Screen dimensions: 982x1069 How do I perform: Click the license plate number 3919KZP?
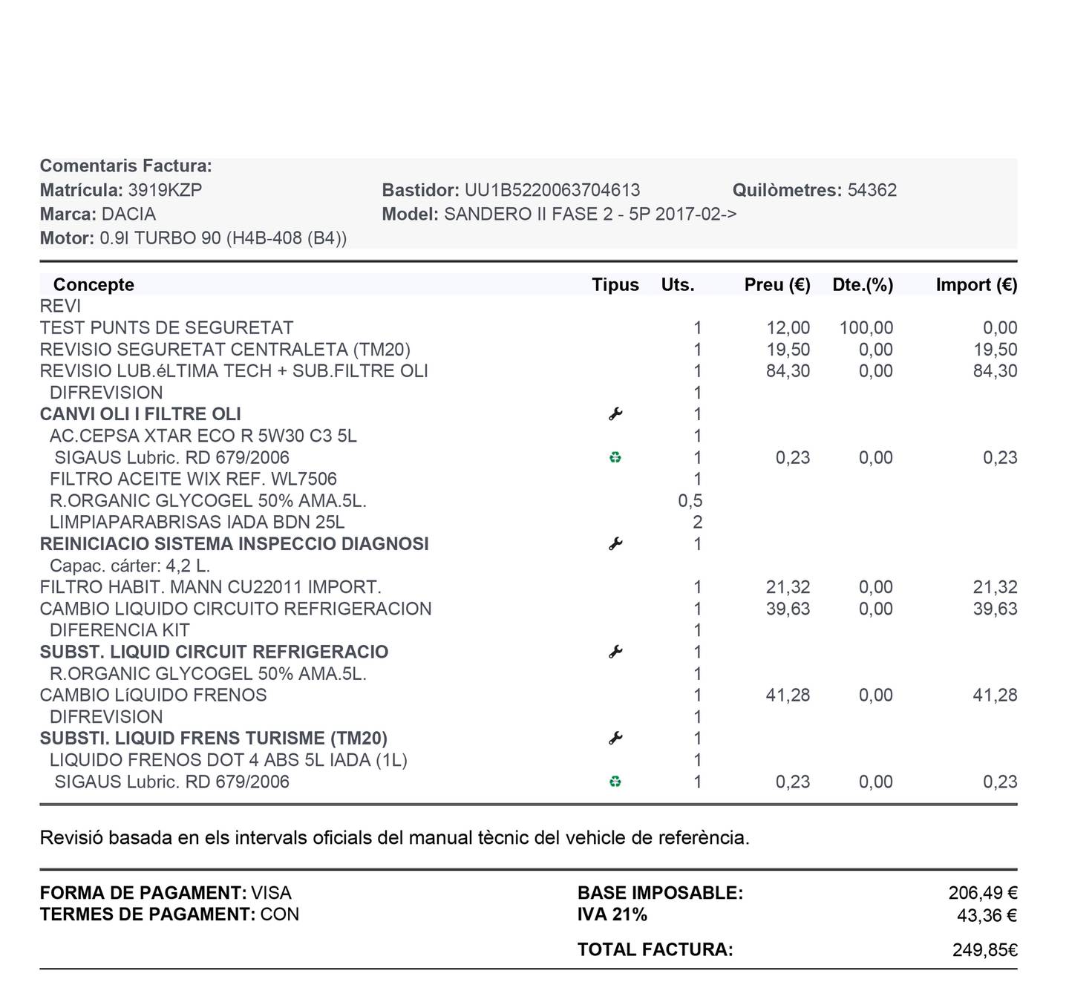(x=165, y=190)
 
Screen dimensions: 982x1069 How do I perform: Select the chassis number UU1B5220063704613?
(x=552, y=190)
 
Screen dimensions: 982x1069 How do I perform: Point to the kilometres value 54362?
(x=872, y=190)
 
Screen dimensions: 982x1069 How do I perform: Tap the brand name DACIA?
(x=128, y=215)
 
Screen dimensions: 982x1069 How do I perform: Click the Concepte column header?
(x=94, y=285)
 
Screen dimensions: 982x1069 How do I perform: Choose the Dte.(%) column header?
(x=863, y=285)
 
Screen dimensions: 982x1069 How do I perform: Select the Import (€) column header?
(x=976, y=285)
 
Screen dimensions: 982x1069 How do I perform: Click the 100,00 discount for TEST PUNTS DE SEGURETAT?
(x=866, y=328)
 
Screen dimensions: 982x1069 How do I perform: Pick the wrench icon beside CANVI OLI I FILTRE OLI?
(x=615, y=414)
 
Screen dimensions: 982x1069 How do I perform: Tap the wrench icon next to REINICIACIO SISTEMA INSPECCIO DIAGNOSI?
(x=615, y=544)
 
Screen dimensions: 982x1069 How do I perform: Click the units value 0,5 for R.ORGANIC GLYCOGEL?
(x=690, y=501)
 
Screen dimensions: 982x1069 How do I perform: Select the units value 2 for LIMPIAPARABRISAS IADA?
(x=697, y=523)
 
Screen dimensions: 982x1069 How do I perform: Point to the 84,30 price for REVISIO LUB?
(x=788, y=371)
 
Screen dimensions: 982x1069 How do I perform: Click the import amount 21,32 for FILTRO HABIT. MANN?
(x=995, y=587)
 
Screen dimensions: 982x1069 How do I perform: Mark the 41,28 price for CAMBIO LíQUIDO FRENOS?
(x=788, y=695)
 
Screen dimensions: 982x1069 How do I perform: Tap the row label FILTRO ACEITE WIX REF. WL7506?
(x=193, y=479)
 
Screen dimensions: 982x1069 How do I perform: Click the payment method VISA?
(x=271, y=893)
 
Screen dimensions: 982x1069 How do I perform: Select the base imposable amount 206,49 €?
(x=982, y=893)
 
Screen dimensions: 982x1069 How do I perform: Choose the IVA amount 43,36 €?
(x=987, y=915)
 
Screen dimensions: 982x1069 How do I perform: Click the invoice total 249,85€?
(x=984, y=950)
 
